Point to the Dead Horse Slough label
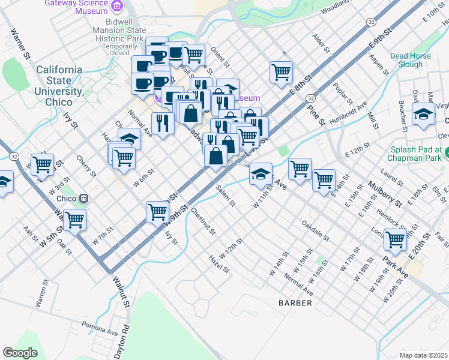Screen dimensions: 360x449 pyautogui.click(x=411, y=60)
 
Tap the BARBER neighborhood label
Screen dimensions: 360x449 pyautogui.click(x=295, y=303)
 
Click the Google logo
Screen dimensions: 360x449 pyautogui.click(x=20, y=352)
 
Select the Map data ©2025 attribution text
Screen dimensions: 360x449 pyautogui.click(x=424, y=355)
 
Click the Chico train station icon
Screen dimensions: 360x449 pyautogui.click(x=85, y=197)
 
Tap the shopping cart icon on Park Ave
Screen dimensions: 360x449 pyautogui.click(x=395, y=239)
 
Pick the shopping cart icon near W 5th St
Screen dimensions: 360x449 pyautogui.click(x=74, y=220)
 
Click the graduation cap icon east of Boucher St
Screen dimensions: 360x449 pyautogui.click(x=423, y=114)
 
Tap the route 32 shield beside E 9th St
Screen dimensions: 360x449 pyautogui.click(x=372, y=22)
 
